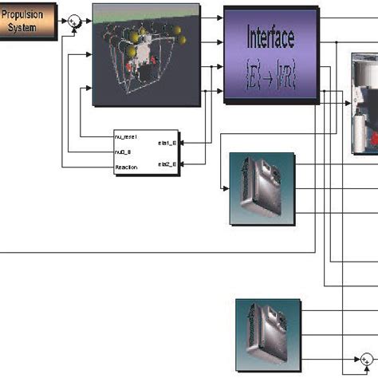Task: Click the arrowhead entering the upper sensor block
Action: [226, 188]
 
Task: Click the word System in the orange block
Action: [28, 26]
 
